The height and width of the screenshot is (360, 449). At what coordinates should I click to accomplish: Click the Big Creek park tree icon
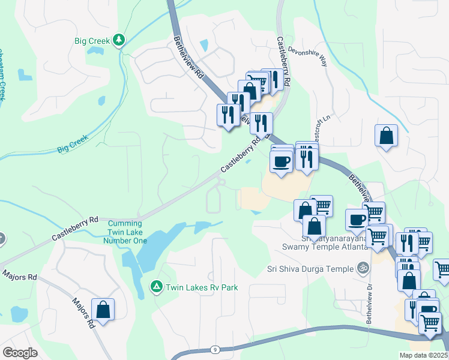(119, 40)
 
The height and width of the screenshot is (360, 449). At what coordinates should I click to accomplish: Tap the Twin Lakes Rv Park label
(202, 287)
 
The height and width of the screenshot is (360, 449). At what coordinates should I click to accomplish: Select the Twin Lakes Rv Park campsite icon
(157, 287)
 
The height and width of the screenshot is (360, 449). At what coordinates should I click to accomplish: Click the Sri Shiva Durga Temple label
(310, 269)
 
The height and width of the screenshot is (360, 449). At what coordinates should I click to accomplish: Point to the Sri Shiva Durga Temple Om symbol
(362, 268)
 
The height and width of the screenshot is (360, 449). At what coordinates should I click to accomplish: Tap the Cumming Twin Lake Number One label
(125, 232)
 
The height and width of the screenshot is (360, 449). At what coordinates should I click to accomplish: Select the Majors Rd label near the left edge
(19, 277)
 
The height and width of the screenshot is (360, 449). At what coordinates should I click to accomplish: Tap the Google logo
(20, 353)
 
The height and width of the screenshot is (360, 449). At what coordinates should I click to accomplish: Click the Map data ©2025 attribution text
(423, 355)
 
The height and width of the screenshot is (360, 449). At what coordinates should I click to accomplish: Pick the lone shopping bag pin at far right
(386, 137)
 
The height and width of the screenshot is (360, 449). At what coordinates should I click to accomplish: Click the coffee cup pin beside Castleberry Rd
(282, 161)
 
